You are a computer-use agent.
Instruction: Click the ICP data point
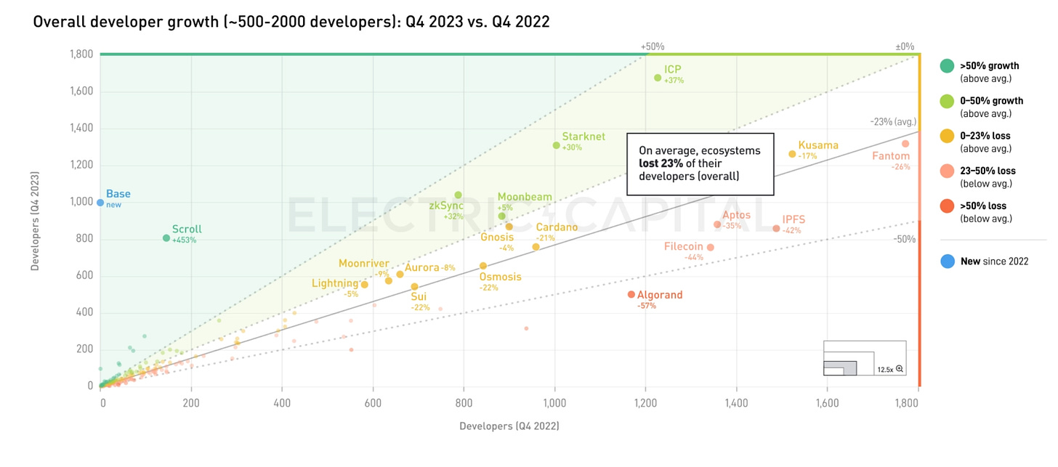(x=658, y=78)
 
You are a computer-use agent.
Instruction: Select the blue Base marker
(x=100, y=203)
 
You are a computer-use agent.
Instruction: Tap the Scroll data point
(x=166, y=238)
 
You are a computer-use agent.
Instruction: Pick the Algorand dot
(x=631, y=294)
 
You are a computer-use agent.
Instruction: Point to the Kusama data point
(x=792, y=154)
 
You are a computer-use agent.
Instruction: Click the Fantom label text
(x=891, y=155)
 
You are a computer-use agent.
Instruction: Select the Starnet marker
(x=557, y=145)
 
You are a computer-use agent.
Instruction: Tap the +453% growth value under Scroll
(x=184, y=240)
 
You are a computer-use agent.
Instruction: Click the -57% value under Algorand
(x=647, y=306)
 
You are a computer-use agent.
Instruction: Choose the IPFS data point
(x=776, y=229)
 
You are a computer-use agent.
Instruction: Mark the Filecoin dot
(x=710, y=248)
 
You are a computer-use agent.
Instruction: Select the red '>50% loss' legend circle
(x=948, y=206)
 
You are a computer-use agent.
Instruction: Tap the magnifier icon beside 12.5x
(x=900, y=369)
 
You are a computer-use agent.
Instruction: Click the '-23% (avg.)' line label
(x=893, y=122)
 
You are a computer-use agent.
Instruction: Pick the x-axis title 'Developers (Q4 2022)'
(x=509, y=426)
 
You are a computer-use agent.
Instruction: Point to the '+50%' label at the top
(x=653, y=46)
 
